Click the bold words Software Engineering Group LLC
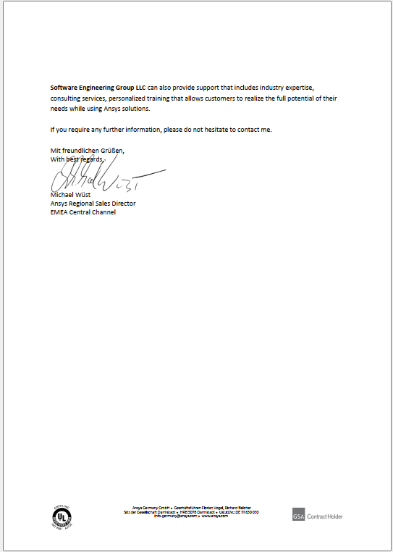[x=98, y=87]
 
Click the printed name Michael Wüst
[x=70, y=196]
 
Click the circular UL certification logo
[x=62, y=516]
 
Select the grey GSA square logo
[x=299, y=516]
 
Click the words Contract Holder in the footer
[x=325, y=517]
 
